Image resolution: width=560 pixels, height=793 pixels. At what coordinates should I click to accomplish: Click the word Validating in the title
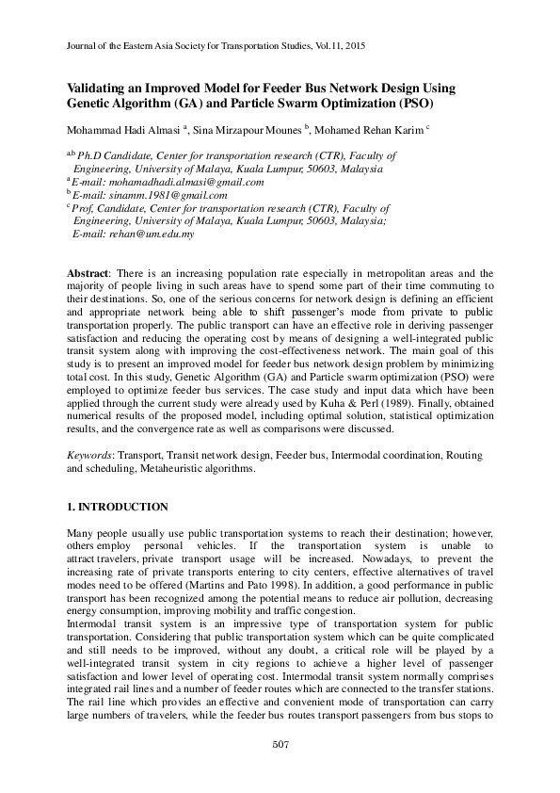pos(102,88)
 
